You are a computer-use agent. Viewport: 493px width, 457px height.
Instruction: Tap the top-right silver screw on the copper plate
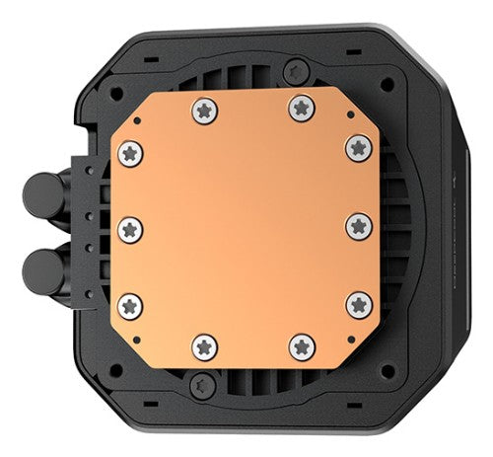(x=300, y=107)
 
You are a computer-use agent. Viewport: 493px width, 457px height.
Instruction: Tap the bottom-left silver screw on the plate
(x=204, y=345)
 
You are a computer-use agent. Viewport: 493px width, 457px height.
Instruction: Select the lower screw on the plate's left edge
(x=131, y=304)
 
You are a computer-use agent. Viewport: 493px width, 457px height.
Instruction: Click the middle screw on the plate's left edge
(x=131, y=228)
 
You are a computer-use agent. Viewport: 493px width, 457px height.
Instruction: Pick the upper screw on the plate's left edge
(x=131, y=153)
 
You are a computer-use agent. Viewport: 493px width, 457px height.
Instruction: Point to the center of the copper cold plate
(x=245, y=226)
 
